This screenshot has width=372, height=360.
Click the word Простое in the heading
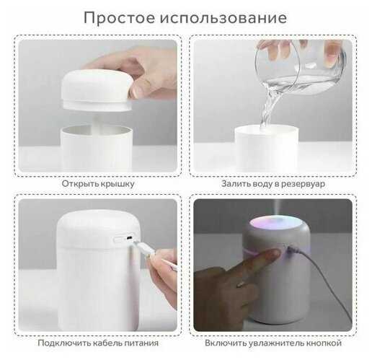pos(120,18)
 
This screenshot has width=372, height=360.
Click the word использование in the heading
pos(223,18)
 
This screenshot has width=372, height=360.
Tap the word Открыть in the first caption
pos(80,184)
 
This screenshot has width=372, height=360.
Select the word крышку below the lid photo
pos(118,184)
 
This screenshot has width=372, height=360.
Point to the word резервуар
pos(304,184)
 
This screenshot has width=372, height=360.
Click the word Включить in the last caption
pos(226,343)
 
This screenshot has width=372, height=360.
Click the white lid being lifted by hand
pos(97,91)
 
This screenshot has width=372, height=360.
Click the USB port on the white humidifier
pos(130,237)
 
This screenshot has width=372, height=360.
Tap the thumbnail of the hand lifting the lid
pos(98,106)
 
